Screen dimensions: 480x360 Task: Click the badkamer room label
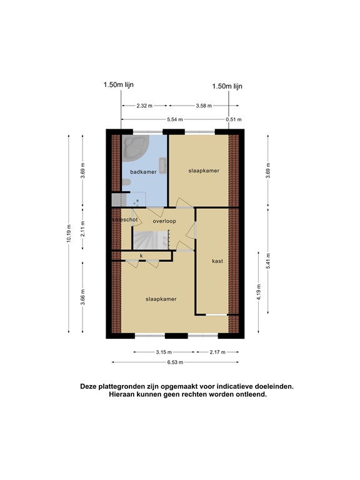click(143, 171)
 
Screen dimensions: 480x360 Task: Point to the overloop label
click(164, 221)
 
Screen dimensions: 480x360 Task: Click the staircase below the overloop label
click(152, 239)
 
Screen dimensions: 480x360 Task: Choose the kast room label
click(217, 261)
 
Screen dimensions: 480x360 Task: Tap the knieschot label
click(124, 220)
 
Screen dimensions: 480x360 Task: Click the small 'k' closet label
click(142, 256)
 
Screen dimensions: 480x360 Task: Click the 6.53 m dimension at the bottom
click(174, 362)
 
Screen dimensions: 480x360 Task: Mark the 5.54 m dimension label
click(174, 119)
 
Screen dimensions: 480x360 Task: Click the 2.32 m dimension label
click(143, 106)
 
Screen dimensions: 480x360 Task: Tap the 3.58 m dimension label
click(204, 106)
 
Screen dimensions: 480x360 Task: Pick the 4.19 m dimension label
click(257, 292)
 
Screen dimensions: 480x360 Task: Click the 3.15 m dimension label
click(164, 352)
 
